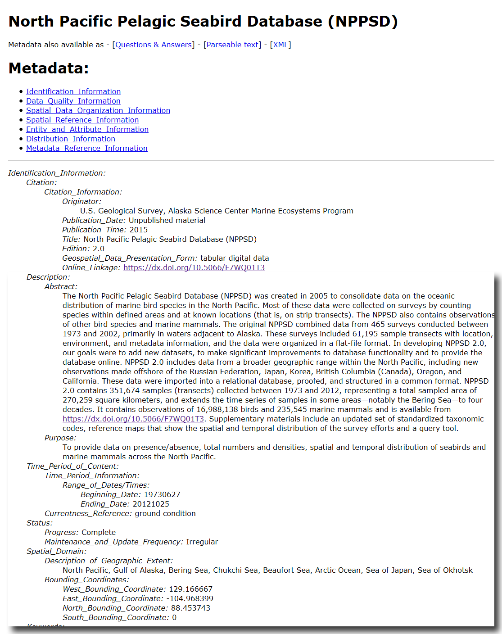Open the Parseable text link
pyautogui.click(x=232, y=45)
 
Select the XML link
pyautogui.click(x=280, y=45)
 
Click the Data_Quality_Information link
pyautogui.click(x=73, y=101)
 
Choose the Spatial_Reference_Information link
pyautogui.click(x=82, y=120)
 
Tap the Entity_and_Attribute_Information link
pyautogui.click(x=87, y=129)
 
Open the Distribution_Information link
pyautogui.click(x=71, y=139)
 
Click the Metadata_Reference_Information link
pyautogui.click(x=87, y=148)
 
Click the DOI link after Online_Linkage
pyautogui.click(x=194, y=267)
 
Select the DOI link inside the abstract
pyautogui.click(x=133, y=419)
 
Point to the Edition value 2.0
pyautogui.click(x=99, y=249)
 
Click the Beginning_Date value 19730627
pyautogui.click(x=162, y=494)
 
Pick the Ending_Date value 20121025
pyautogui.click(x=151, y=504)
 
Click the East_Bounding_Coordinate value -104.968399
pyautogui.click(x=190, y=598)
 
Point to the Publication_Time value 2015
pyautogui.click(x=139, y=230)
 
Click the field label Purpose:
pyautogui.click(x=60, y=438)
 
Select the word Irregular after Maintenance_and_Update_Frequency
pyautogui.click(x=202, y=542)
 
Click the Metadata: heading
pyautogui.click(x=49, y=68)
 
